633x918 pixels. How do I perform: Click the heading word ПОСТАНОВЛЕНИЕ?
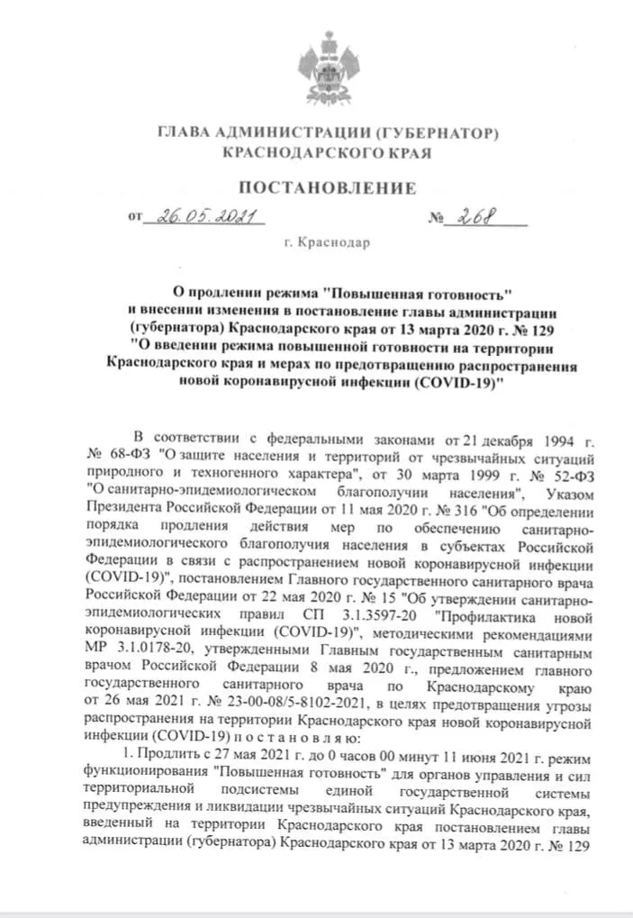(327, 188)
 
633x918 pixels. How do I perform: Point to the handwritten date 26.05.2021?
(203, 217)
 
